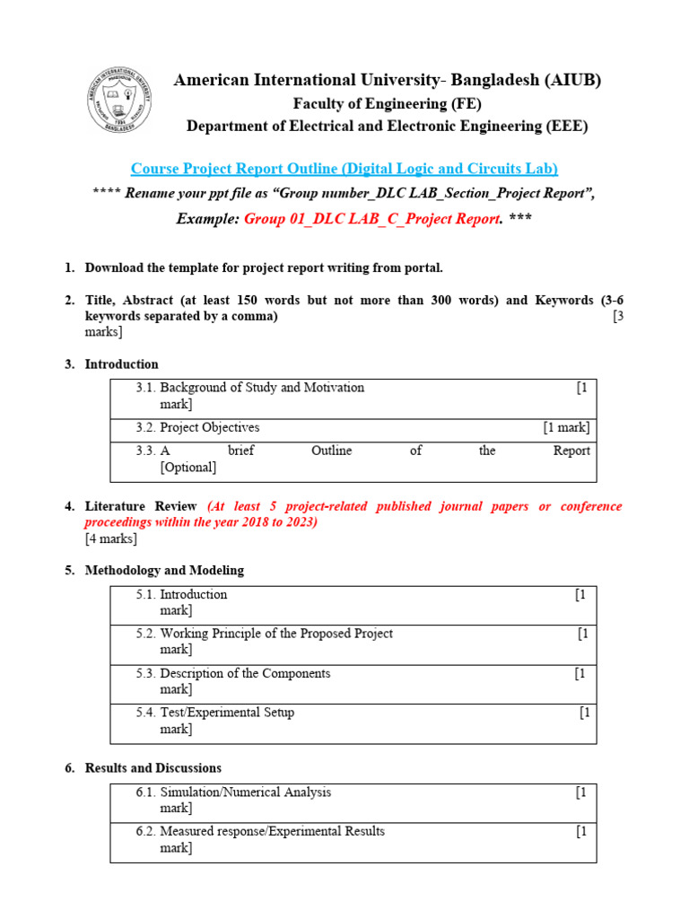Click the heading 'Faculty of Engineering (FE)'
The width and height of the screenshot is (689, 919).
[387, 103]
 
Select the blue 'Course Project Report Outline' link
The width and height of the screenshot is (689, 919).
[344, 169]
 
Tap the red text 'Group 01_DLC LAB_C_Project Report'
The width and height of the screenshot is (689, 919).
[371, 219]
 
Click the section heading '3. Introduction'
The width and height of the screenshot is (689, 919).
[121, 364]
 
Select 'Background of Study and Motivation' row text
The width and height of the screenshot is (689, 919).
[262, 388]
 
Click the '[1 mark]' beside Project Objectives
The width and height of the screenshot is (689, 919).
[566, 427]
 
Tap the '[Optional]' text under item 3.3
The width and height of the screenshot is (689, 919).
[188, 467]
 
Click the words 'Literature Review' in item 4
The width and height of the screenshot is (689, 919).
[140, 506]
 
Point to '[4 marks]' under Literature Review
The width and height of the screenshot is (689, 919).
[111, 538]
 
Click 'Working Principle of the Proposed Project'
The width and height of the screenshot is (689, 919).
[276, 634]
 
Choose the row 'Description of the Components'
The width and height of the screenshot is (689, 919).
[245, 673]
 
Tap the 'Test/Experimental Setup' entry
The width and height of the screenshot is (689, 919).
[227, 713]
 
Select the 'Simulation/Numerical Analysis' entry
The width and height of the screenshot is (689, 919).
[245, 792]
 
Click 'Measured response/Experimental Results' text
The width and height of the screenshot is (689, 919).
[272, 831]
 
